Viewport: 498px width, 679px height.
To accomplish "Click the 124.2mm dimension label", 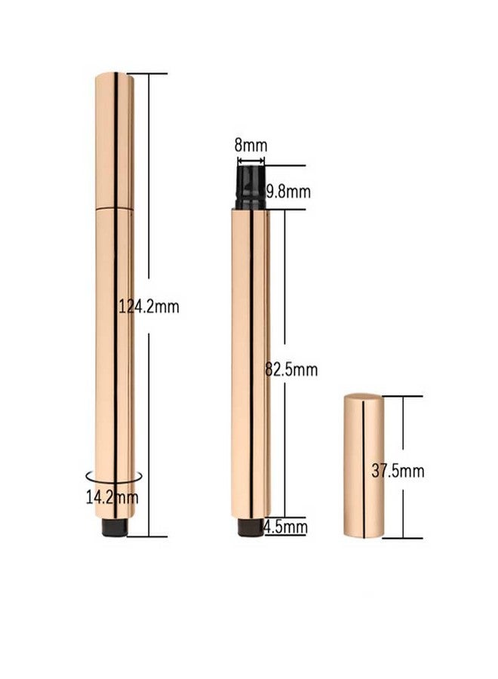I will (149, 306).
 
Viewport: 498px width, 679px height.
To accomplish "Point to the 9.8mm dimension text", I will (287, 192).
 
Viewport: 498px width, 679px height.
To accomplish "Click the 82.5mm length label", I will (291, 370).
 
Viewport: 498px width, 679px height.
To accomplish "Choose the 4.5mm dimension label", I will (285, 526).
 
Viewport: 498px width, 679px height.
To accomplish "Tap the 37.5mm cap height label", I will (398, 471).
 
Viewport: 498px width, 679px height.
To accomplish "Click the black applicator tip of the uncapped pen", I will (251, 187).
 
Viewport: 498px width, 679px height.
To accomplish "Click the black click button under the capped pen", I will (115, 527).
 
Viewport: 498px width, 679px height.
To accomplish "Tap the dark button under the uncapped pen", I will (250, 526).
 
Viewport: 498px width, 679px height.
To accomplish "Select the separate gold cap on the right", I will (363, 465).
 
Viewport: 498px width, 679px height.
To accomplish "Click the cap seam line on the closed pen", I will (115, 207).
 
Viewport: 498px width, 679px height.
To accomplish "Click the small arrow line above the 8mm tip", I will (251, 160).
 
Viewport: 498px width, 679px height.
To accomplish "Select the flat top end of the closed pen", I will (115, 74).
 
